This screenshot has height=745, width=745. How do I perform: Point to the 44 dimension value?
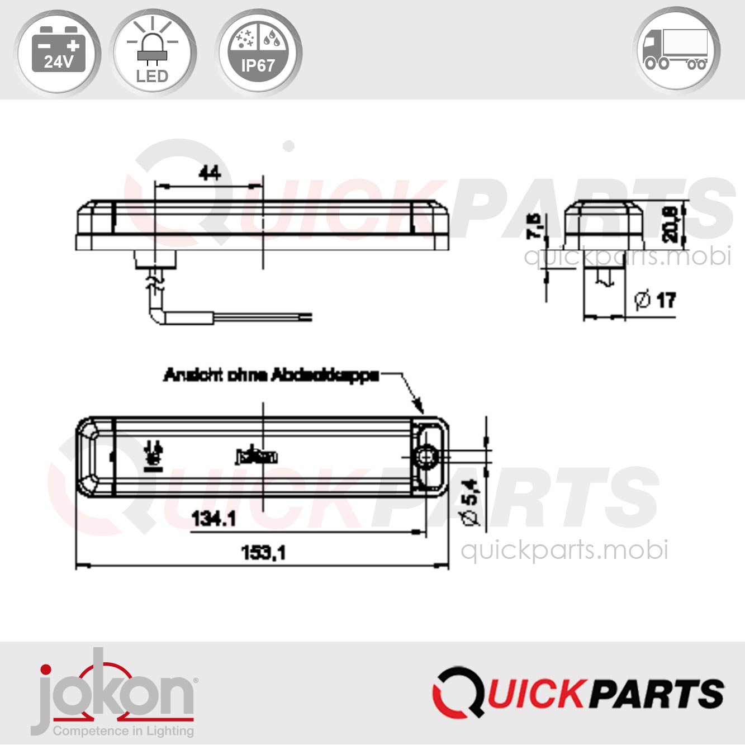coord(210,173)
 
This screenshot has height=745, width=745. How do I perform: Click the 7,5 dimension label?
coord(535,226)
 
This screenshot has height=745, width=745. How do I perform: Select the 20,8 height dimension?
coord(670,224)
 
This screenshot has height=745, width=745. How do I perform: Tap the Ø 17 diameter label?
coord(656,300)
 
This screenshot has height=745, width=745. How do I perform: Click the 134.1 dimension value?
coord(213,519)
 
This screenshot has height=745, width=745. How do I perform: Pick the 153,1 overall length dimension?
coord(263,553)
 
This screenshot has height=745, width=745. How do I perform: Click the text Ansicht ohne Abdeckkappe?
coord(271,375)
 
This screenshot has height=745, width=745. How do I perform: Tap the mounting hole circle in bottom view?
coord(426,457)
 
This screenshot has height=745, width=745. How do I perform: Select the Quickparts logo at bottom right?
coord(578,693)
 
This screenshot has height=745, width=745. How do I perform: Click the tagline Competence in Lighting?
coord(124,731)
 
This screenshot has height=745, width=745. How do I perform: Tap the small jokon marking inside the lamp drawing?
coord(257,457)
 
